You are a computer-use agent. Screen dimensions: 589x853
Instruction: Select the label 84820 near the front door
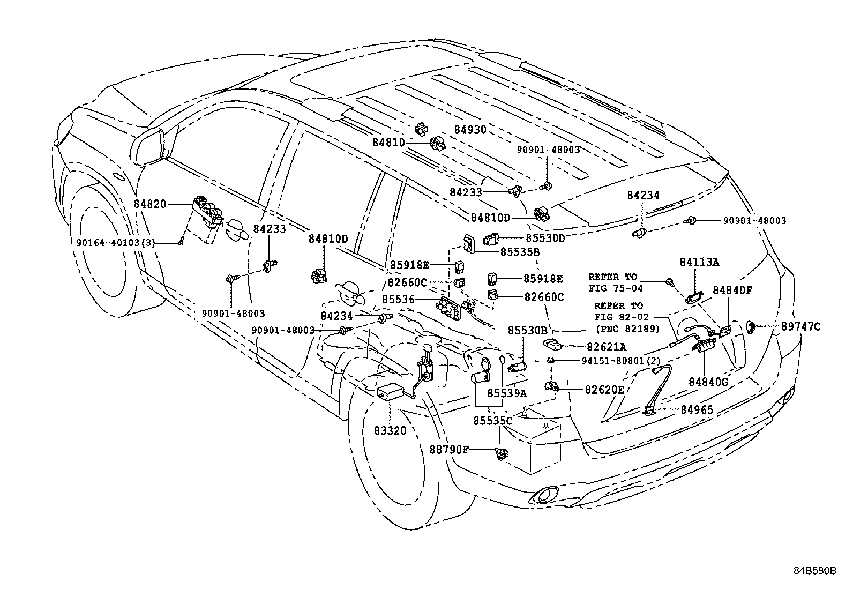click(x=150, y=204)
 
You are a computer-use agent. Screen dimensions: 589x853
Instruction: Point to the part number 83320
click(x=391, y=430)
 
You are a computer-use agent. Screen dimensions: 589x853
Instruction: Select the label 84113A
click(x=699, y=262)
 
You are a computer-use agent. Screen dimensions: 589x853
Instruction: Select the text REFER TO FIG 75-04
click(x=613, y=282)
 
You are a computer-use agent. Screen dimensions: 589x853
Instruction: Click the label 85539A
click(x=506, y=393)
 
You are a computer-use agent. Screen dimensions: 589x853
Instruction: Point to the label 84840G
click(x=708, y=382)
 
